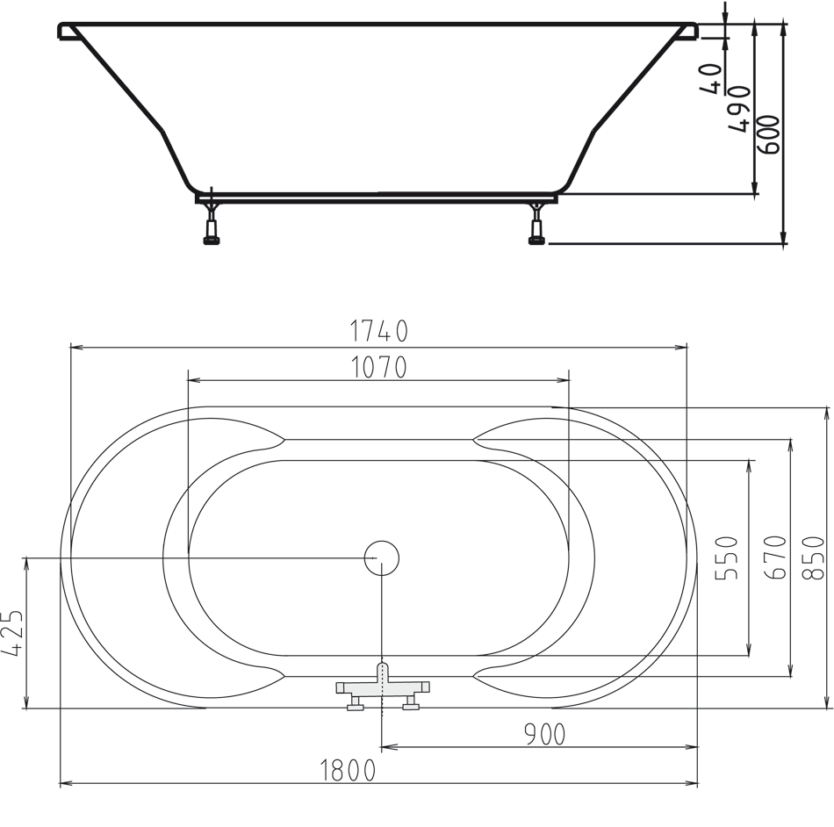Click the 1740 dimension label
[379, 331]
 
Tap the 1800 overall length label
[348, 771]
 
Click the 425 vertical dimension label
[13, 633]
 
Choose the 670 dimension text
[775, 557]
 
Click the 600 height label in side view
[769, 134]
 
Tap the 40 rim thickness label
[712, 79]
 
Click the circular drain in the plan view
[382, 557]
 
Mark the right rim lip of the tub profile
[687, 32]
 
